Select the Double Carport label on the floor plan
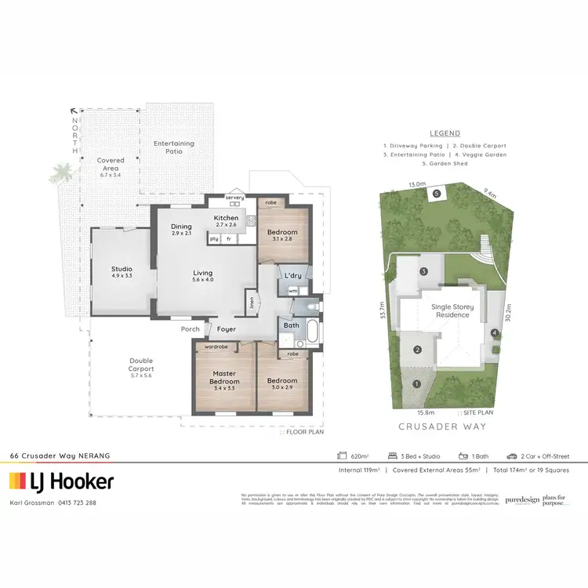pyautogui.click(x=141, y=365)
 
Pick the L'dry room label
pyautogui.click(x=293, y=276)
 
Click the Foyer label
pyautogui.click(x=227, y=329)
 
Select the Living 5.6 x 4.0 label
pyautogui.click(x=203, y=276)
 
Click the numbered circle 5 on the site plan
pyautogui.click(x=437, y=192)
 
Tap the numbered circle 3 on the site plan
pyautogui.click(x=423, y=271)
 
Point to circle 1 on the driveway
pyautogui.click(x=417, y=383)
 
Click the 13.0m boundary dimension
pyautogui.click(x=418, y=185)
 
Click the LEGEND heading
pyautogui.click(x=445, y=133)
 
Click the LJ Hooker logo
pyautogui.click(x=61, y=481)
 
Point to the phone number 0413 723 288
pyautogui.click(x=81, y=503)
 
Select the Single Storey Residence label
pyautogui.click(x=452, y=311)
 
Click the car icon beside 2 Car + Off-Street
pyautogui.click(x=511, y=456)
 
